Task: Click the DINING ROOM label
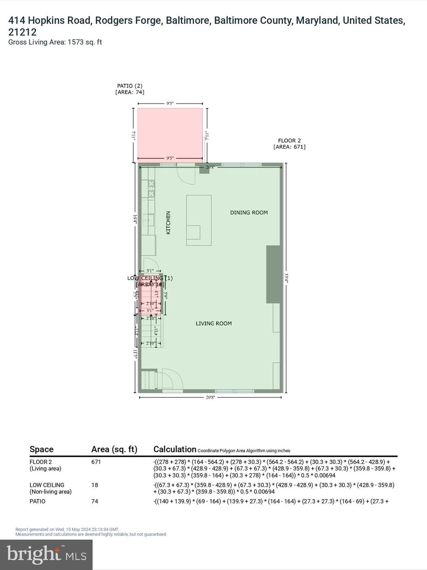tap(249, 213)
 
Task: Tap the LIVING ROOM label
tap(213, 324)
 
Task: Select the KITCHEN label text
tap(168, 223)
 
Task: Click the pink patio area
tap(170, 134)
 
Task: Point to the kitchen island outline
tap(199, 220)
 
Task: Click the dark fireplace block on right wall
tap(273, 274)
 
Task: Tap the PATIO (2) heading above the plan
tap(130, 86)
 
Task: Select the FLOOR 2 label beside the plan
tap(289, 141)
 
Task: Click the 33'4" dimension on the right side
tap(286, 278)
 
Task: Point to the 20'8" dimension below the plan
tap(210, 397)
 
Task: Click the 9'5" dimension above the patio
tap(170, 104)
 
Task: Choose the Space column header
tap(42, 449)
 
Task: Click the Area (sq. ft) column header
tap(114, 449)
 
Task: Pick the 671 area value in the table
tap(96, 462)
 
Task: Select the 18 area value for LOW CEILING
tap(95, 485)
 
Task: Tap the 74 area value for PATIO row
tap(95, 501)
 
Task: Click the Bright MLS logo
tap(46, 554)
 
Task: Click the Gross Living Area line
tap(55, 42)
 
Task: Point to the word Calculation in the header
tap(175, 449)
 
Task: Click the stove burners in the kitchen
tap(151, 188)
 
